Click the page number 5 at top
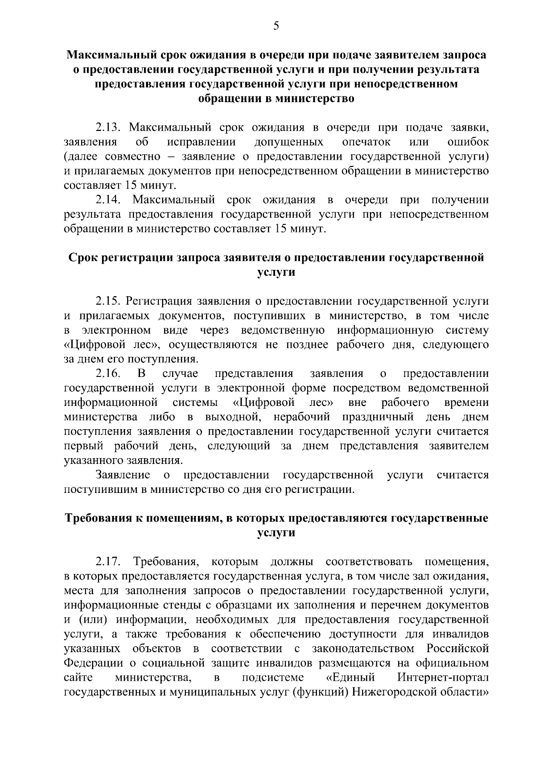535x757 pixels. coord(276,26)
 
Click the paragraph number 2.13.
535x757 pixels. coord(108,128)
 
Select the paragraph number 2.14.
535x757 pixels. coord(108,200)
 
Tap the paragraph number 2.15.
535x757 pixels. coord(108,301)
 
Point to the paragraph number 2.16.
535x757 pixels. coord(108,373)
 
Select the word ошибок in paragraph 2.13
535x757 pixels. coord(468,142)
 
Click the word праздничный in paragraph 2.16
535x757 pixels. coord(378,417)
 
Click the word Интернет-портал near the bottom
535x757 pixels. coord(443,678)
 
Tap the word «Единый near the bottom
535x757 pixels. coord(350,678)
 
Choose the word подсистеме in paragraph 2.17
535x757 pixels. coord(273,678)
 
